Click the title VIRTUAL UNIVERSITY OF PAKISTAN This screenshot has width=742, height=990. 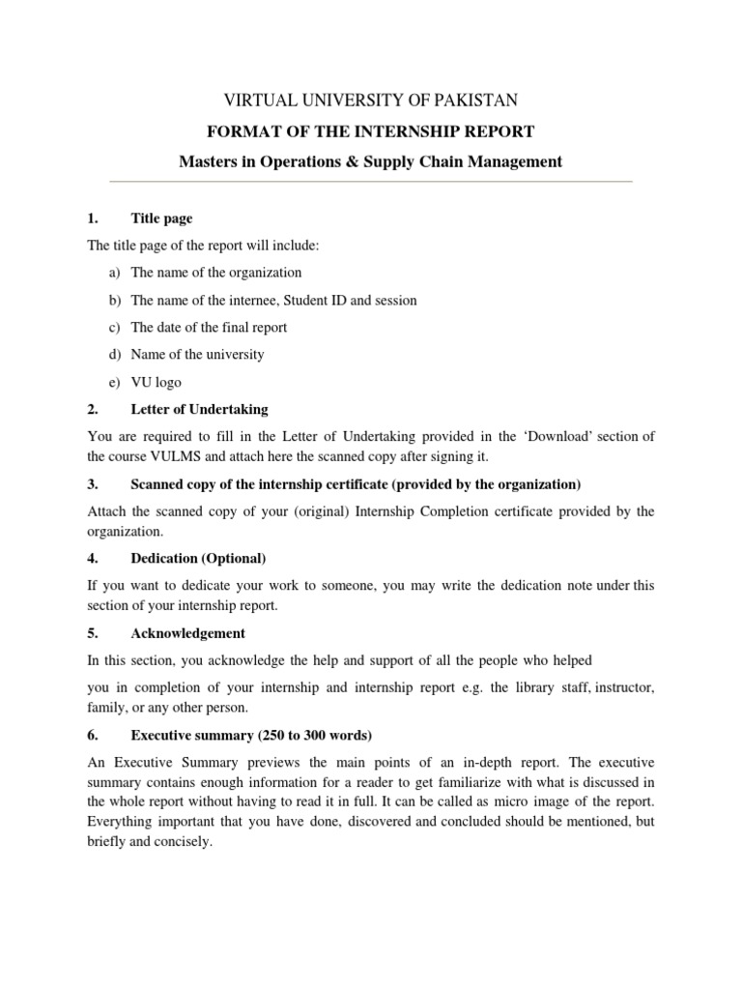pyautogui.click(x=371, y=101)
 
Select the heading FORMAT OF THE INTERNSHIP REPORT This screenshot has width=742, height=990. pyautogui.click(x=371, y=131)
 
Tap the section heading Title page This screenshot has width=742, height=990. pyautogui.click(x=161, y=219)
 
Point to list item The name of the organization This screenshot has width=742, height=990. pyautogui.click(x=216, y=273)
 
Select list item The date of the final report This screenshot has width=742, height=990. pyautogui.click(x=209, y=328)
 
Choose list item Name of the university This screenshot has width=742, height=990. pyautogui.click(x=197, y=355)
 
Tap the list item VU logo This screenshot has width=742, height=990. pyautogui.click(x=156, y=383)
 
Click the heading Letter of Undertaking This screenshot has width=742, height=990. pyautogui.click(x=199, y=410)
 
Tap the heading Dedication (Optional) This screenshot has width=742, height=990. pyautogui.click(x=198, y=559)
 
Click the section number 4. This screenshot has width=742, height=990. pyautogui.click(x=93, y=559)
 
